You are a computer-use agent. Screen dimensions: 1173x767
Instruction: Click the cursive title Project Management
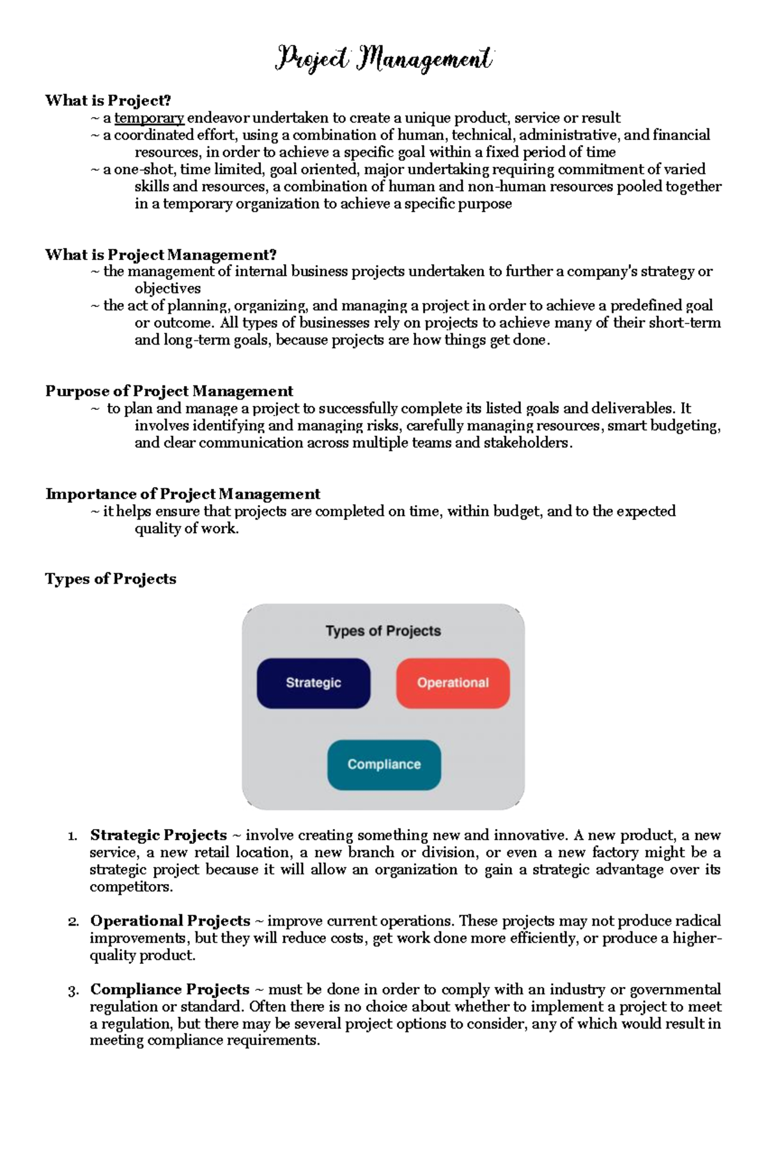(x=383, y=59)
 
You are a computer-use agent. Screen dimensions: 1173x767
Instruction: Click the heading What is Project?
(x=108, y=100)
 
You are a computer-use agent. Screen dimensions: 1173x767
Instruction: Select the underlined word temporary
(x=149, y=118)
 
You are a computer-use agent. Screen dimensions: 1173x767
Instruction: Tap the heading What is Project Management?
(x=160, y=254)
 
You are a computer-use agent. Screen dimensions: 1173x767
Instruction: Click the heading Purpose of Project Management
(x=169, y=391)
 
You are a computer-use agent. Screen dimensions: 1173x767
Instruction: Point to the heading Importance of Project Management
(x=182, y=493)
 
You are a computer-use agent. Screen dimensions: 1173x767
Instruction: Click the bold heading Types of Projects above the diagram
(x=111, y=579)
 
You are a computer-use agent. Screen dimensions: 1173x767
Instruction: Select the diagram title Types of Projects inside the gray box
(x=383, y=631)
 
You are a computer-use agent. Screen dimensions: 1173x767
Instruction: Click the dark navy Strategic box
(x=313, y=683)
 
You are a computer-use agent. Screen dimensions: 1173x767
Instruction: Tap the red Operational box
(x=453, y=683)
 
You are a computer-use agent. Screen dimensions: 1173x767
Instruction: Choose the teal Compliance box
(x=383, y=765)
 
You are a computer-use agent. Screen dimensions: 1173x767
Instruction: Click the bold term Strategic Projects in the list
(x=159, y=835)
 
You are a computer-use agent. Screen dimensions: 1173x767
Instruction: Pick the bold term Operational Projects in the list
(x=170, y=921)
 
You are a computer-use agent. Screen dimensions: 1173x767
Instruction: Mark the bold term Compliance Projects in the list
(x=169, y=989)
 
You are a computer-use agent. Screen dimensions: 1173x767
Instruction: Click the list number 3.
(x=73, y=990)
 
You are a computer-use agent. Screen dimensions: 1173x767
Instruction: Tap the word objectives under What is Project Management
(x=167, y=288)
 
